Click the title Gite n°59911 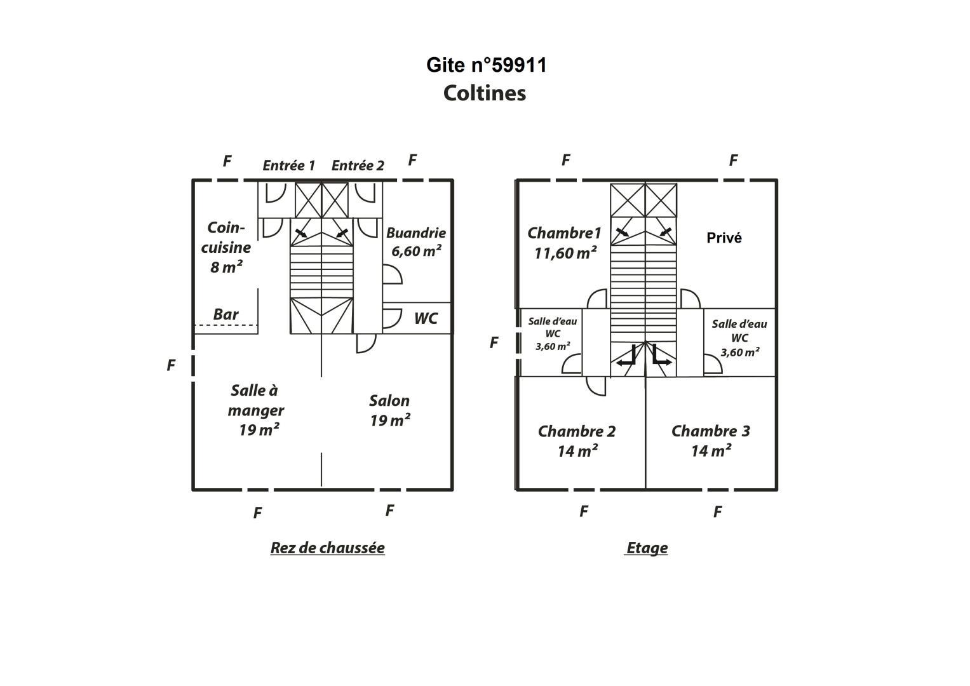487,65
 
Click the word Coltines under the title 485,93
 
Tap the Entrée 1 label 289,165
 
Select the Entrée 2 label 358,165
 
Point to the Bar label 226,314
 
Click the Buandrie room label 416,233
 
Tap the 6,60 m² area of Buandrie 416,251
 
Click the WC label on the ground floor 426,319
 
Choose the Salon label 389,401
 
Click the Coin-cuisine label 226,238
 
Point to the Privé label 724,238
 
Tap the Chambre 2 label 577,431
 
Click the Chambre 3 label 711,431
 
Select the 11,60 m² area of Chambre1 565,253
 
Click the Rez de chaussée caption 327,548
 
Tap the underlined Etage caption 647,548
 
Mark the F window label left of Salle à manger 171,365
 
